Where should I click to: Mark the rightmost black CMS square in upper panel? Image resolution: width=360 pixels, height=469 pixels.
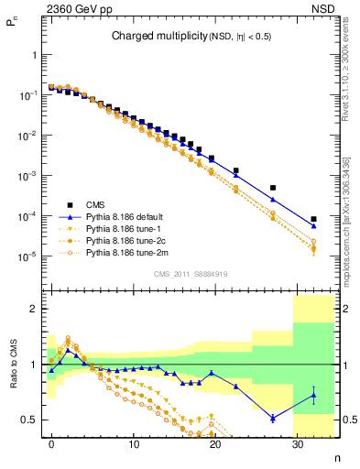click(x=313, y=219)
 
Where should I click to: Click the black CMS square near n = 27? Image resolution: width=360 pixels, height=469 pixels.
click(x=273, y=188)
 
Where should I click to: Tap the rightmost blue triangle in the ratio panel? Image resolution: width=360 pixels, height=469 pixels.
click(x=313, y=396)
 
